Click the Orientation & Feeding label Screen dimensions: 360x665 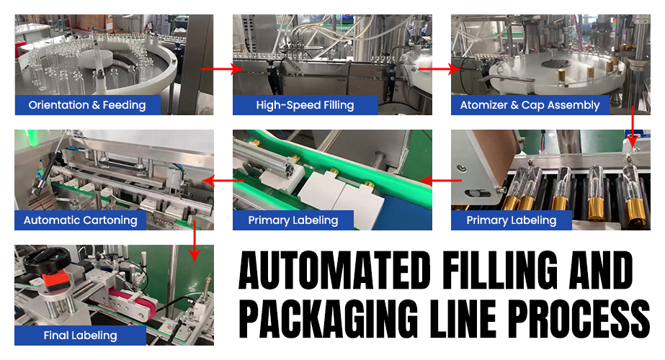87,105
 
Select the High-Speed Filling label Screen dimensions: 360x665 305,105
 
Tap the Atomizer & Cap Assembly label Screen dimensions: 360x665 530,105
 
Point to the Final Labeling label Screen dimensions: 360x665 80,335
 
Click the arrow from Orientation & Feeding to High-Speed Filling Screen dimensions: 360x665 222,69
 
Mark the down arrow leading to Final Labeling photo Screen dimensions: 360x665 193,242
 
